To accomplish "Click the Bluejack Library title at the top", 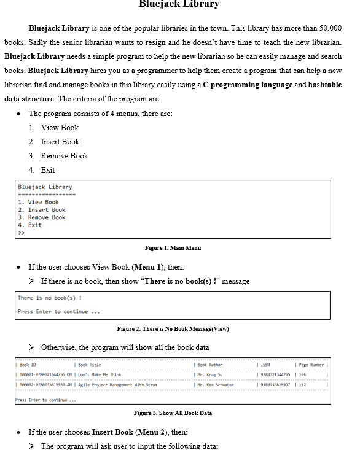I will [x=179, y=4].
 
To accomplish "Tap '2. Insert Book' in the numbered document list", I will [x=60, y=142].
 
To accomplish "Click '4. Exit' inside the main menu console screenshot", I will [x=30, y=225].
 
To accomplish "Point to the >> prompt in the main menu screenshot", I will [x=22, y=233].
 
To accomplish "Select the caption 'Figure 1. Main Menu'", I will [x=173, y=247].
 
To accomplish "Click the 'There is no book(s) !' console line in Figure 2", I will [x=50, y=298].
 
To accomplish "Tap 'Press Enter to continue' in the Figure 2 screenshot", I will [x=58, y=311].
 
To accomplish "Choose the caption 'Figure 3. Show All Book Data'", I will [x=173, y=413].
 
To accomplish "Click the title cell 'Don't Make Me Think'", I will [x=100, y=374].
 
